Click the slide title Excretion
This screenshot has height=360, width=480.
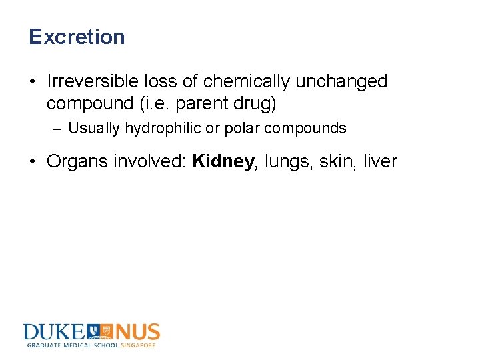[x=77, y=37]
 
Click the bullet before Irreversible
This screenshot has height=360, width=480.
[x=32, y=82]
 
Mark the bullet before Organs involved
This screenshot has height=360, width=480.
[x=32, y=162]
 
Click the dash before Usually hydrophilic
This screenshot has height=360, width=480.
[x=57, y=128]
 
